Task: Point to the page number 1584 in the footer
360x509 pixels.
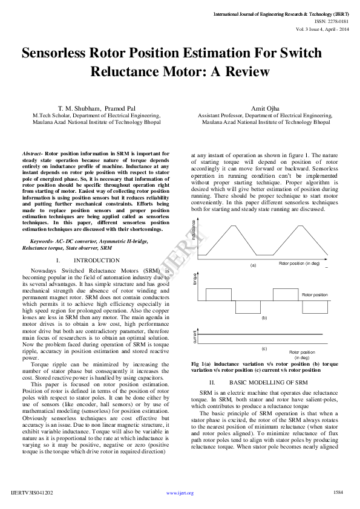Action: tap(338, 492)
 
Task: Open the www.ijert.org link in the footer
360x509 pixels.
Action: tap(180, 493)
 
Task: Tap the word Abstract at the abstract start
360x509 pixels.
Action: tap(31, 154)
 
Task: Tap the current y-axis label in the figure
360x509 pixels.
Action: tap(194, 336)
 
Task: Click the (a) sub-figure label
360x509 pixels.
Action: tap(254, 265)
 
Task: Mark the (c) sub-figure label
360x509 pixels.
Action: tap(264, 349)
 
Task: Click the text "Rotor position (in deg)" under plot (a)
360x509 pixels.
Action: tap(299, 264)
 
